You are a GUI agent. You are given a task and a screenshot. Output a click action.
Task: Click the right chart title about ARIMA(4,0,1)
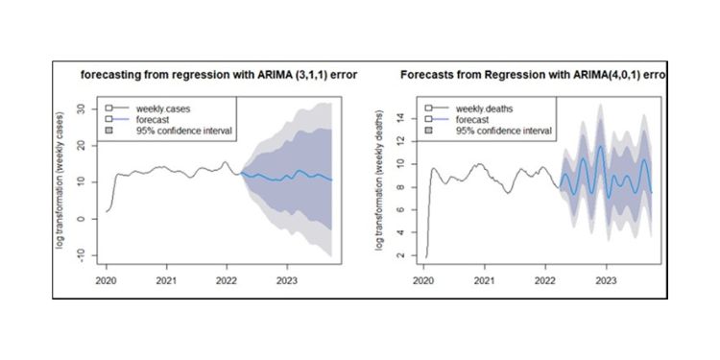(x=532, y=77)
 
